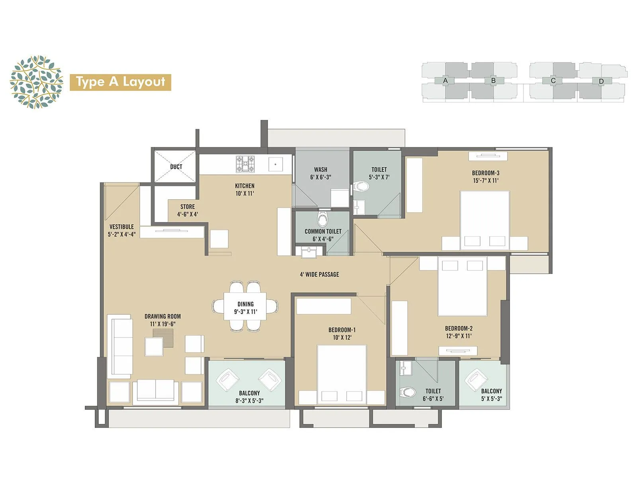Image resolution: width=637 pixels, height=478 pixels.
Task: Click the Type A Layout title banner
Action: [x=120, y=82]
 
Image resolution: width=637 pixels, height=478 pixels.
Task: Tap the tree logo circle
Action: [x=36, y=82]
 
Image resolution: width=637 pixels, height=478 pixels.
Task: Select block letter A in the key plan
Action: [x=446, y=81]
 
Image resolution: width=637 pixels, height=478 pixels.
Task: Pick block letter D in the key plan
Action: [x=601, y=81]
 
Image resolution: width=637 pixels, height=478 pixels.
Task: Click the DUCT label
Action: [x=176, y=167]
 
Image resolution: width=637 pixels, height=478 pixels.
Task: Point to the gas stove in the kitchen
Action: [x=245, y=164]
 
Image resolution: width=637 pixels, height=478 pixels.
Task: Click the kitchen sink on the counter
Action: [x=276, y=164]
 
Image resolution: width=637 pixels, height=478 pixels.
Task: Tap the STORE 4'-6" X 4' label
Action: [x=188, y=210]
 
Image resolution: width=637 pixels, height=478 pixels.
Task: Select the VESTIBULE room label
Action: [x=121, y=230]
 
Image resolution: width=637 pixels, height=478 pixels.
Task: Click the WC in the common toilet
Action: [x=323, y=219]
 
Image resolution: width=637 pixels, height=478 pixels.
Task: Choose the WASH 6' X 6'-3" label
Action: [x=320, y=173]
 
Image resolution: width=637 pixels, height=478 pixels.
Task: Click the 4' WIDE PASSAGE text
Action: [x=319, y=274]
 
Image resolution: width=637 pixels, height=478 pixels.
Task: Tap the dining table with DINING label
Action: [x=245, y=308]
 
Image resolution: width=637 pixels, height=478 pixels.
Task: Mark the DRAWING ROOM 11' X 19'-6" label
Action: [x=162, y=320]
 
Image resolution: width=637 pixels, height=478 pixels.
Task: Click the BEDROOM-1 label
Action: [x=342, y=333]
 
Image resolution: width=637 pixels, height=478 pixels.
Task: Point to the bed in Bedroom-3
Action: [x=485, y=219]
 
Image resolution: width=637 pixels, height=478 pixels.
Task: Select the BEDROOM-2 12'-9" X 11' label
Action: [x=459, y=332]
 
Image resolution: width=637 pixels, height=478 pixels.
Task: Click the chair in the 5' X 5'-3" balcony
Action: [x=476, y=380]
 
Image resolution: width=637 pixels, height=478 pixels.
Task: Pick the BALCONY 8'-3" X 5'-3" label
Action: [x=249, y=397]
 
